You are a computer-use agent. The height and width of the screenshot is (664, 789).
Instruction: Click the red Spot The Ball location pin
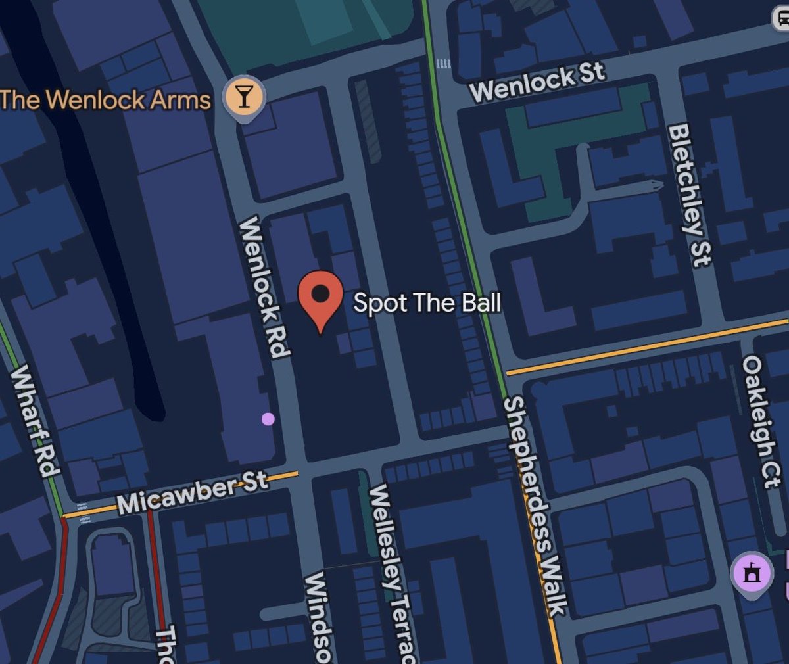coord(320,296)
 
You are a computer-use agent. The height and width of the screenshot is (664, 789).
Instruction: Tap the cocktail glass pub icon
coord(245,97)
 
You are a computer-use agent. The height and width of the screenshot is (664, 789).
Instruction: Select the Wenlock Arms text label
coord(105,100)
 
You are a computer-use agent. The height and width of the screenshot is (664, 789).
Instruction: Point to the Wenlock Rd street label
coord(265,288)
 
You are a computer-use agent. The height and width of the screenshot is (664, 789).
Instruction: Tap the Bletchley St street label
coord(689,195)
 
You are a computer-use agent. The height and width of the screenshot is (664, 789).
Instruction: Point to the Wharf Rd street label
coord(34,420)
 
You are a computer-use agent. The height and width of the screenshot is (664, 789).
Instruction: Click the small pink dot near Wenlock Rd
coord(268,419)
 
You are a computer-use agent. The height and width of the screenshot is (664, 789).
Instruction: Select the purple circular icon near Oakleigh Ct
coord(752,574)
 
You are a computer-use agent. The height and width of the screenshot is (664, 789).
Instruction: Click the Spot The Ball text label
coord(427,302)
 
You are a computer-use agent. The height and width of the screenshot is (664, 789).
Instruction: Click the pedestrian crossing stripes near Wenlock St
coord(443,64)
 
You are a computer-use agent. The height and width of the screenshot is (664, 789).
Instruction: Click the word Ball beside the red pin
coord(479,302)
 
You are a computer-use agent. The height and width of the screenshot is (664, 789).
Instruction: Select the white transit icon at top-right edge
coord(781,19)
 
